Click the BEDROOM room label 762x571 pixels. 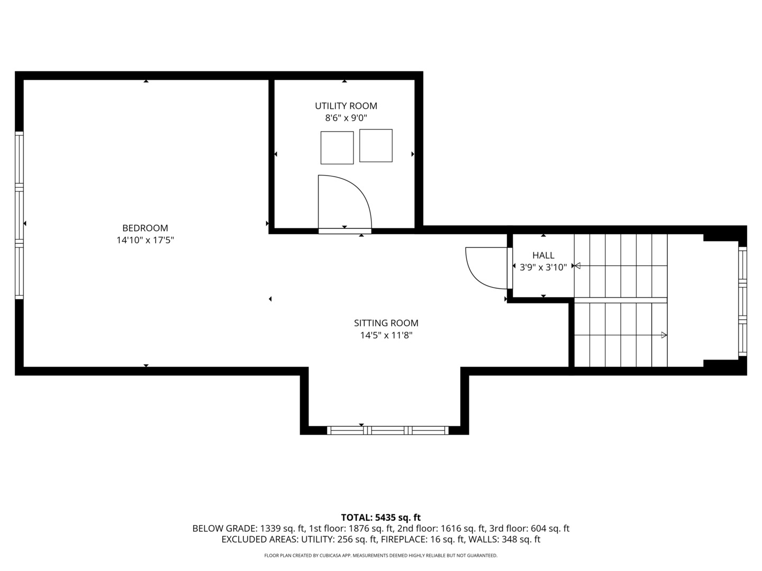[145, 228]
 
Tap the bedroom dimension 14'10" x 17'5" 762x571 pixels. [145, 240]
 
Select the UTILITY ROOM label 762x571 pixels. [346, 106]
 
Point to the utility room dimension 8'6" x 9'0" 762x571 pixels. [346, 118]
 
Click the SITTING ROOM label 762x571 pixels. [386, 323]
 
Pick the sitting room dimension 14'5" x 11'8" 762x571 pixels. [386, 335]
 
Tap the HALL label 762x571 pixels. [543, 255]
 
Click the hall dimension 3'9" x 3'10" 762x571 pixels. [543, 268]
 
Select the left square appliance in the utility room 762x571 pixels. [337, 148]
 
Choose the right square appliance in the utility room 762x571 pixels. [376, 145]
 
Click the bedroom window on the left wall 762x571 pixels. [20, 215]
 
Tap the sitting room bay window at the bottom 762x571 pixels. [388, 430]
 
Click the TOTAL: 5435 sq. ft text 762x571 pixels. [380, 518]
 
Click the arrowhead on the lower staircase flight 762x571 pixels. [664, 335]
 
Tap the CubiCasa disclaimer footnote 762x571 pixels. [380, 556]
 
